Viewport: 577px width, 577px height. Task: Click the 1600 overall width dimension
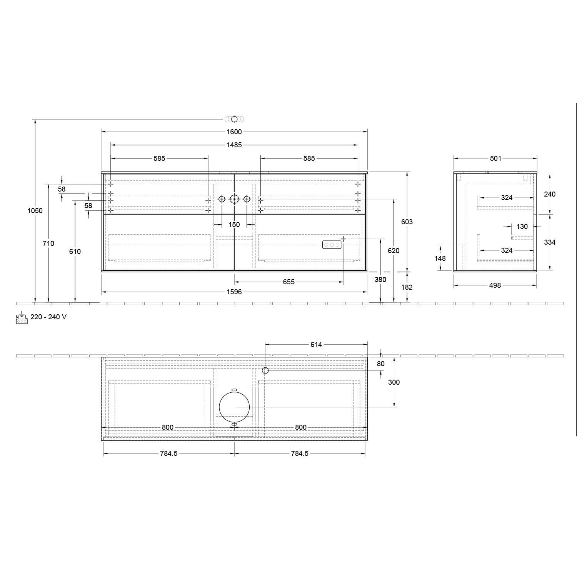point(234,132)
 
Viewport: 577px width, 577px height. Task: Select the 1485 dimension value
point(234,145)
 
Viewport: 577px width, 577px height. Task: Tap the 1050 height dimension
point(35,211)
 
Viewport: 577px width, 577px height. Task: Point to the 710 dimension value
point(48,243)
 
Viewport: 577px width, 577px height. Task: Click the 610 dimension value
point(75,251)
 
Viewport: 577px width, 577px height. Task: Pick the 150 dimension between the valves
point(234,225)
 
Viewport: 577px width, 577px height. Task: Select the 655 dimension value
point(288,282)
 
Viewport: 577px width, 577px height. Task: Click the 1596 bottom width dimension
point(234,292)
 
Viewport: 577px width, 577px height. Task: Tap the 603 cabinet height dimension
point(407,222)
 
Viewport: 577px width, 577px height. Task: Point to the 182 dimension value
point(407,287)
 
